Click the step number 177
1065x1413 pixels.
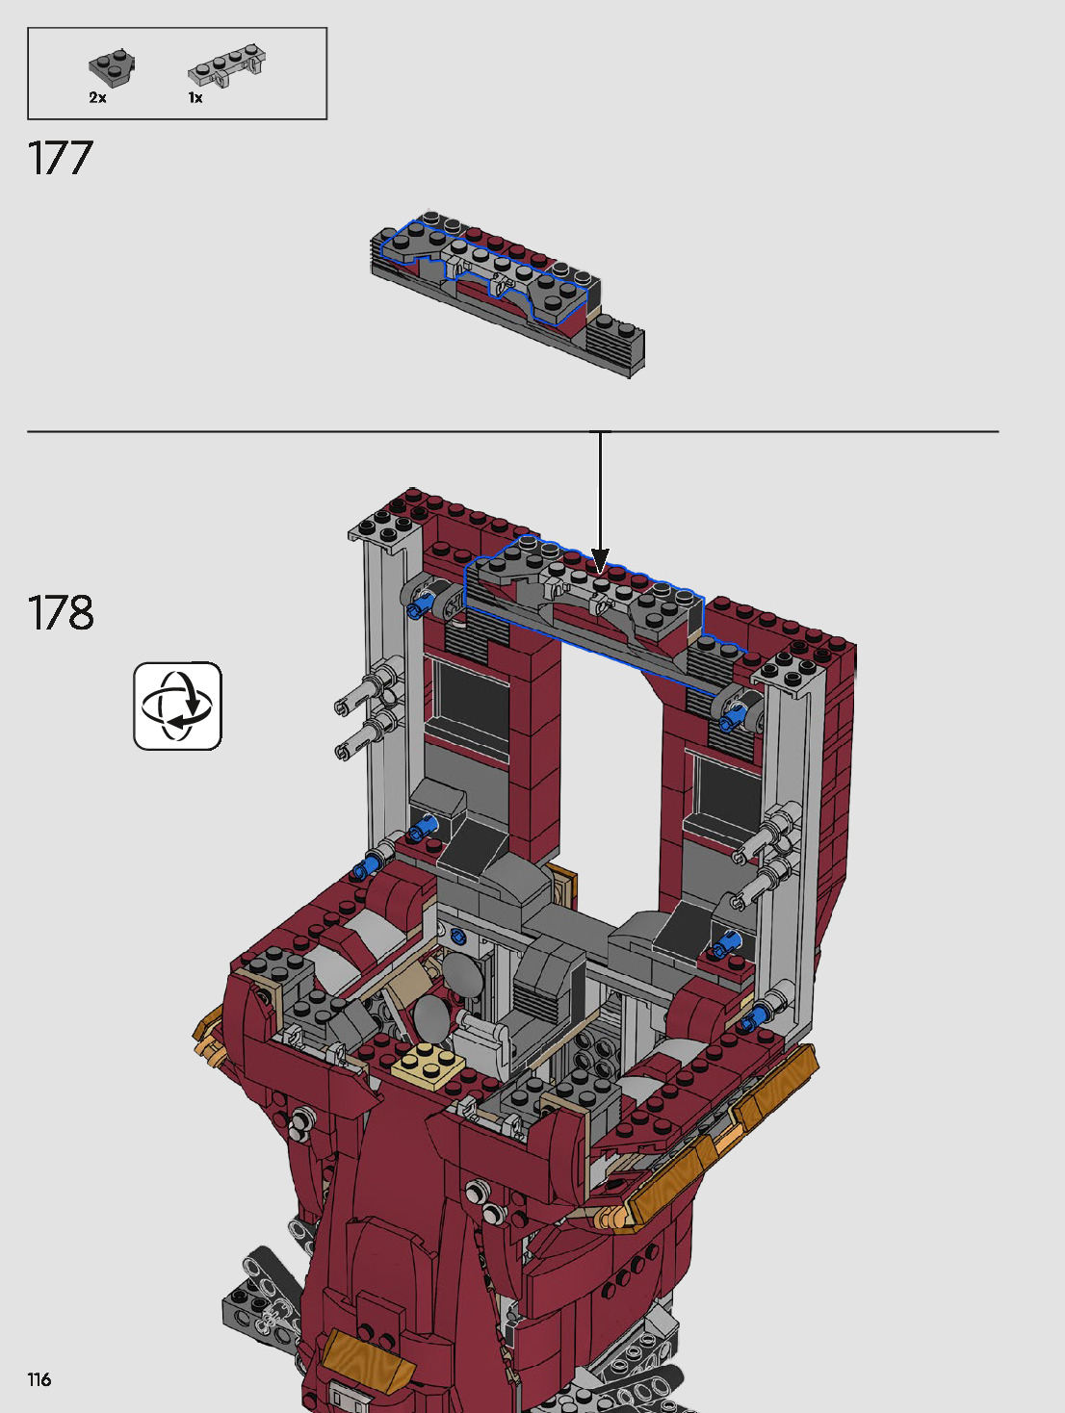(60, 159)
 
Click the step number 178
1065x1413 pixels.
(61, 613)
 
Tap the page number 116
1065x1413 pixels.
(39, 1379)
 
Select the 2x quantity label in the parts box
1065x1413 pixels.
(98, 98)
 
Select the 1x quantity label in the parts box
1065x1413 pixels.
(195, 98)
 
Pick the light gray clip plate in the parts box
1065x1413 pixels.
(226, 64)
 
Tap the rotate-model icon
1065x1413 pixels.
(178, 706)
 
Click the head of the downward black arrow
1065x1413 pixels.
(600, 560)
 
